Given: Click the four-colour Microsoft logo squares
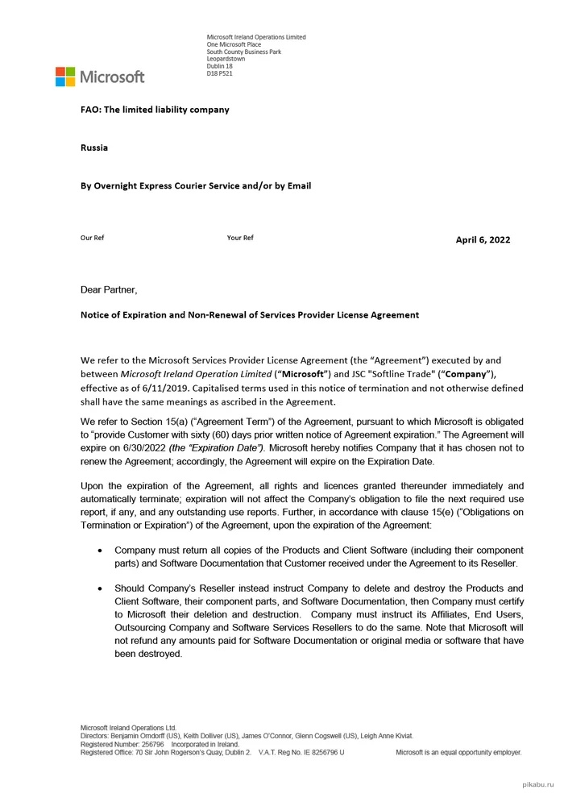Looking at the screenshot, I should tap(64, 77).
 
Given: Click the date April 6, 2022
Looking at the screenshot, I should tap(483, 239).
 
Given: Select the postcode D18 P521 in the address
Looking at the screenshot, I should tap(220, 73).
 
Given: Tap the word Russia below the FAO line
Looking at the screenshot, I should tap(94, 148).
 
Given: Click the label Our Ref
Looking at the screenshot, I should tap(92, 238).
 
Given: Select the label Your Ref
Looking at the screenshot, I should tap(240, 238).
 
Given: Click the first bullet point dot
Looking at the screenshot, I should tap(99, 550).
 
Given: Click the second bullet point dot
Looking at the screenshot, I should tap(99, 588).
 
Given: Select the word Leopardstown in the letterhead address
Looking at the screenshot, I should tap(226, 59).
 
